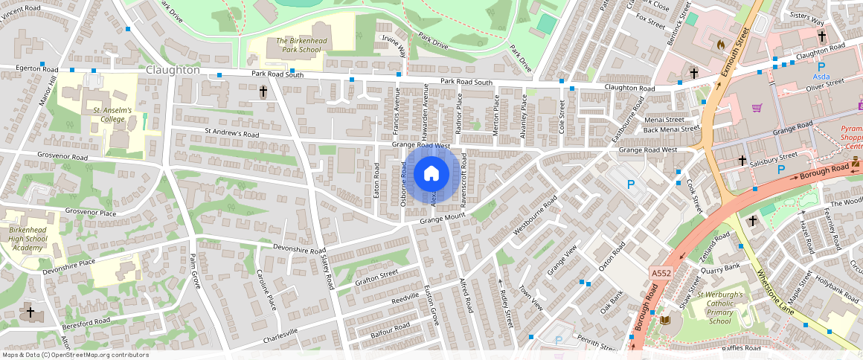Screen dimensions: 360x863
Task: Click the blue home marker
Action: [x=431, y=174]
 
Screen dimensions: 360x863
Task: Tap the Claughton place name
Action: [x=173, y=70]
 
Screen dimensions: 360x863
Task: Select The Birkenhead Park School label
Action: [x=288, y=45]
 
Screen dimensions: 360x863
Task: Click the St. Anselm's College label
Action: [x=112, y=115]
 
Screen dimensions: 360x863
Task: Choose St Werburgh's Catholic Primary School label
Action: [x=719, y=308]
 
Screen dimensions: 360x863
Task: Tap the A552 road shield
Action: [x=661, y=274]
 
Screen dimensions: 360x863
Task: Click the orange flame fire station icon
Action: [x=719, y=44]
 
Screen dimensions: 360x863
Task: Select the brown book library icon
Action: [x=666, y=320]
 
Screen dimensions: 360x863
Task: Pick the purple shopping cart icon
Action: [x=757, y=108]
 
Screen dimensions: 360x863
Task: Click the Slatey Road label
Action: [x=324, y=271]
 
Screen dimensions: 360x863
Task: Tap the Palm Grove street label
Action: [x=196, y=271]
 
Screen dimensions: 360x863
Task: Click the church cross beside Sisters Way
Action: [x=821, y=36]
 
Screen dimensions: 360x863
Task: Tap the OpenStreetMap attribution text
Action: [x=76, y=355]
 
